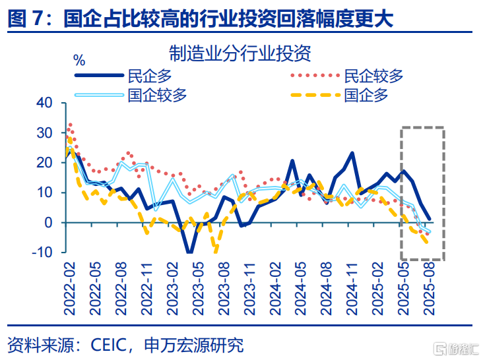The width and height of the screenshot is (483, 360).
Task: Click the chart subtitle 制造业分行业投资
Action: (240, 53)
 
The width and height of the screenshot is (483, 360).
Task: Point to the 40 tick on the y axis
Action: (44, 103)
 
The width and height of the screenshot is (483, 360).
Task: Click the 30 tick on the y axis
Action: (44, 133)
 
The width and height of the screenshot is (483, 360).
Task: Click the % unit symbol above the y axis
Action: (79, 61)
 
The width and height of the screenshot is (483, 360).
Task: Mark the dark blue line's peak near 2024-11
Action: (352, 153)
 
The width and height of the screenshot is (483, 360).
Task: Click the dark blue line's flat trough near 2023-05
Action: (190, 252)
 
